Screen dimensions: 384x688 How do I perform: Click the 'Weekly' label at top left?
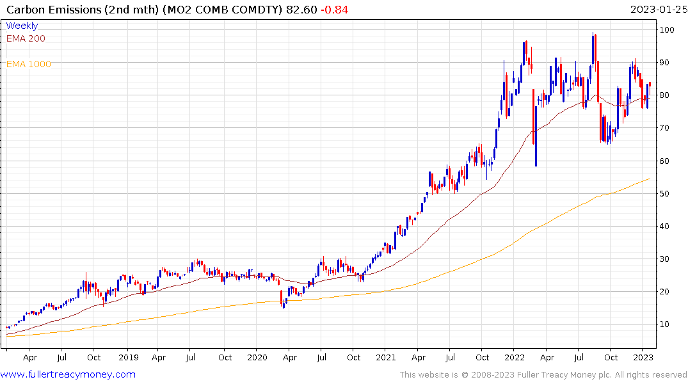point(22,26)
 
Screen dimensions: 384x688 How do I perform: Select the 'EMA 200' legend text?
point(26,38)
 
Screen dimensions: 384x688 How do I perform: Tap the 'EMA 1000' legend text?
point(29,64)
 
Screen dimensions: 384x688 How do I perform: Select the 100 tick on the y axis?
point(667,30)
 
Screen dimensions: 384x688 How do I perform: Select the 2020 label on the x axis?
point(257,358)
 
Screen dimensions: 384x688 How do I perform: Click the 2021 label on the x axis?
point(386,358)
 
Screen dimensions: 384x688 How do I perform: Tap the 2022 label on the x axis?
point(515,358)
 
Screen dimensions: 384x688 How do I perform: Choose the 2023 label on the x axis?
point(643,358)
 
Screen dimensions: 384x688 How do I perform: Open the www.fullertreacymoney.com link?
point(68,374)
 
